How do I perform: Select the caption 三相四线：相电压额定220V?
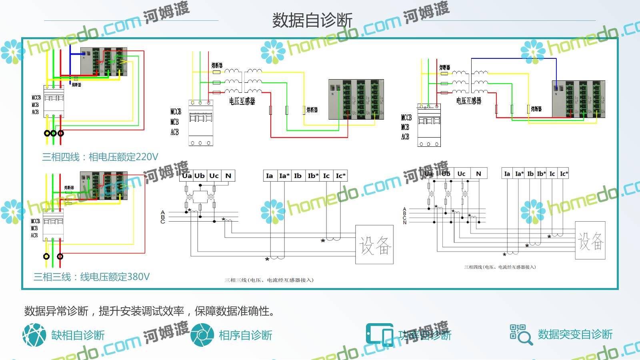100,157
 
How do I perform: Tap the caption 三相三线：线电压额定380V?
92,277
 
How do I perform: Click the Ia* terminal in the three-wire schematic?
284,176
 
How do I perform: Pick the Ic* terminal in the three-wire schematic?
340,176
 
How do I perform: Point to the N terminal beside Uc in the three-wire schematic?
228,176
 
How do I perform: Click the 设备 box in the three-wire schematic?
374,245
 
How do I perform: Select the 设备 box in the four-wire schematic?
590,240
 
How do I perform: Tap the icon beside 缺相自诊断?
34,335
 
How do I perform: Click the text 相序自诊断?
245,335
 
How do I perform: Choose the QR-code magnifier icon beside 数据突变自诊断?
521,334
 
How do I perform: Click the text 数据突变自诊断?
575,334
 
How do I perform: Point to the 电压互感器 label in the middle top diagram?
242,101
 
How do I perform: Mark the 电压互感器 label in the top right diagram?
469,101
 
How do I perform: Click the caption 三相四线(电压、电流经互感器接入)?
500,267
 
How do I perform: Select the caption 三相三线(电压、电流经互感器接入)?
269,280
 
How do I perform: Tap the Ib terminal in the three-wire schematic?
298,176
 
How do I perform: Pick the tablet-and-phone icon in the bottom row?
379,334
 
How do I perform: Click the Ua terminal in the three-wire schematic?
186,176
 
